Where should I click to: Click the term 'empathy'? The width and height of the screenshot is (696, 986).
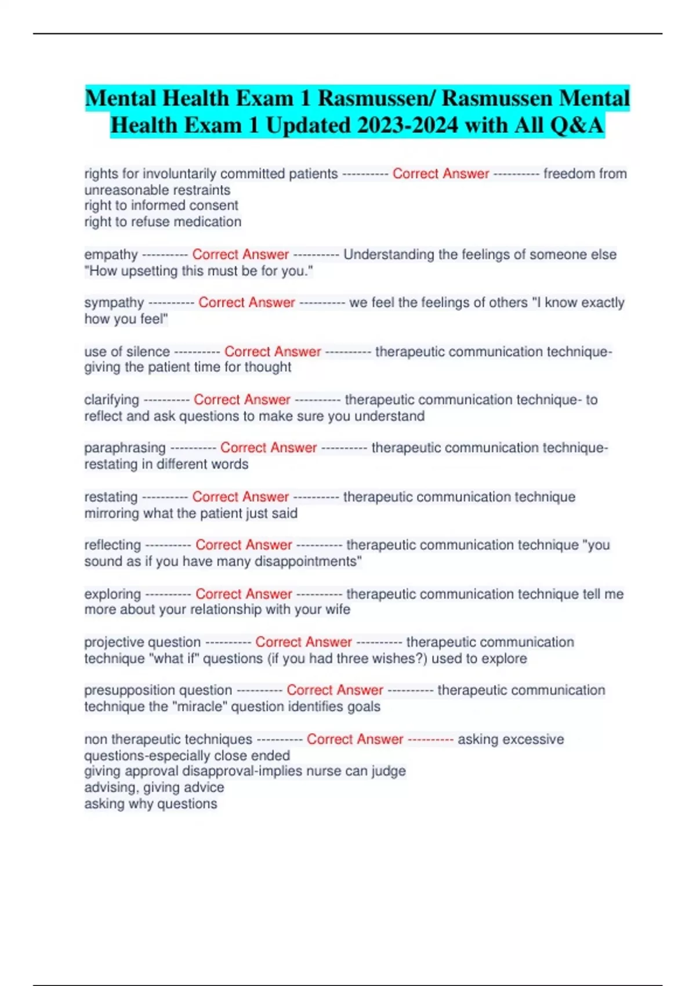[x=111, y=255]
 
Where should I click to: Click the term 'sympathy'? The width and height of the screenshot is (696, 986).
[x=114, y=303]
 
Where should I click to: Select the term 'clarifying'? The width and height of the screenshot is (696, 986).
[x=111, y=400]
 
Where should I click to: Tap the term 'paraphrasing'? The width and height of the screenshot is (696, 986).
[x=125, y=448]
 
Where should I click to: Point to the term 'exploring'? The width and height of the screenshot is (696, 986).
[x=113, y=594]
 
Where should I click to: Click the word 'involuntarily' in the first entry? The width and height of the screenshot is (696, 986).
[x=183, y=174]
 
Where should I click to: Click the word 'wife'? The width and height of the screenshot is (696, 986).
[x=338, y=610]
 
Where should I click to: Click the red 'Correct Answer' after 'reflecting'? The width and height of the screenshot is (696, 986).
[x=244, y=545]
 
